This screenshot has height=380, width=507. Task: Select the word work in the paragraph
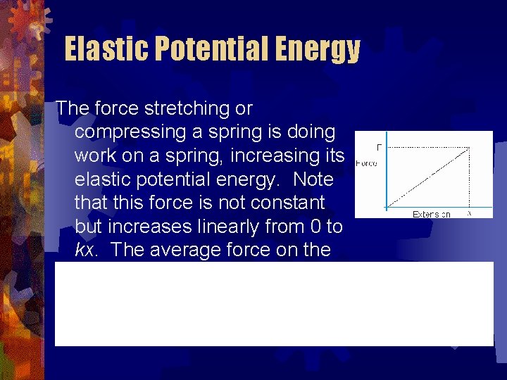[x=96, y=156]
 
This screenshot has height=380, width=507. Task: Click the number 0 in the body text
[x=311, y=227]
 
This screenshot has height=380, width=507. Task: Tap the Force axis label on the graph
[x=366, y=163]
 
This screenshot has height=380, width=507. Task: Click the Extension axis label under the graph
[x=431, y=214]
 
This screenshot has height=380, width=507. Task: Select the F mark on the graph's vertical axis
[x=379, y=147]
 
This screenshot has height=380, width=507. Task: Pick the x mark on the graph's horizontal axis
[x=469, y=213]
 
